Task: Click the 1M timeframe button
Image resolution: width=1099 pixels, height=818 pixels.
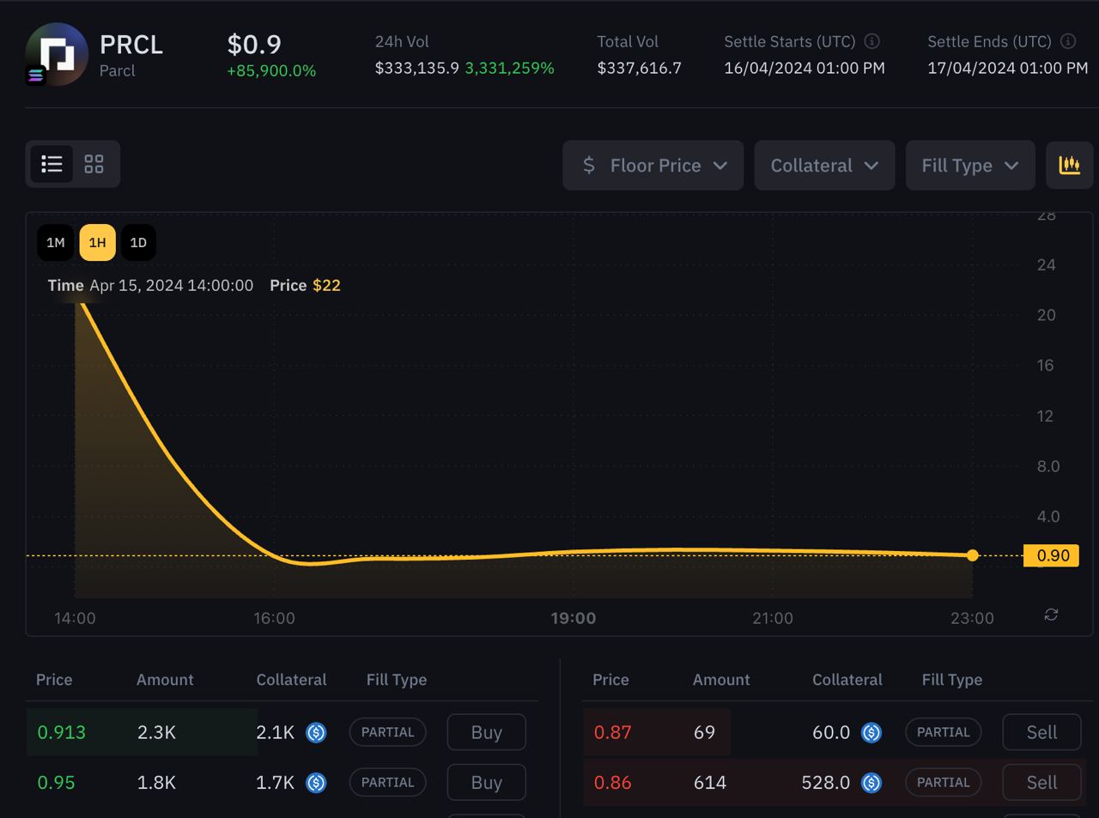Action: click(56, 243)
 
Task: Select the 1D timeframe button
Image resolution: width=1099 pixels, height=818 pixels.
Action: click(138, 243)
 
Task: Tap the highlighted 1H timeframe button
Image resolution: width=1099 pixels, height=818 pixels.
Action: click(98, 243)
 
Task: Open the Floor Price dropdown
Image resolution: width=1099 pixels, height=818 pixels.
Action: click(653, 165)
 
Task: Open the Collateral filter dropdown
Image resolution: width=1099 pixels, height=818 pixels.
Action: click(824, 165)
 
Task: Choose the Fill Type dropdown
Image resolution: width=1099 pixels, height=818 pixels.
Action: click(970, 165)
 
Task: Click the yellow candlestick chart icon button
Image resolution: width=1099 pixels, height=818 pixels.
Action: click(1069, 165)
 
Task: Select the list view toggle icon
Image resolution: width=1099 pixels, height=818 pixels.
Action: click(52, 164)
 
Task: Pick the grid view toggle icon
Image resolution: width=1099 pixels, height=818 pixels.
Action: click(94, 164)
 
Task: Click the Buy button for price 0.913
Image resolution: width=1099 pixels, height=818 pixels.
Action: click(487, 732)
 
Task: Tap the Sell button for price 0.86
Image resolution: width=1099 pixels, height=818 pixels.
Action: click(1041, 782)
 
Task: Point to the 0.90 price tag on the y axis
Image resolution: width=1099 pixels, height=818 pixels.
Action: click(1051, 555)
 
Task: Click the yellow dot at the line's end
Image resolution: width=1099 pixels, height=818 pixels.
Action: click(973, 555)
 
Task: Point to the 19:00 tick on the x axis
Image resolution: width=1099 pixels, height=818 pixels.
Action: click(574, 618)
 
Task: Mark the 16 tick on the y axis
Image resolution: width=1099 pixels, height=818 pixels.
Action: click(1045, 366)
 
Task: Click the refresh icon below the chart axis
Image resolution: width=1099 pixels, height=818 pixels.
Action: click(1051, 615)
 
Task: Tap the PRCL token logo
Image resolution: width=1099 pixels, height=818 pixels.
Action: click(57, 54)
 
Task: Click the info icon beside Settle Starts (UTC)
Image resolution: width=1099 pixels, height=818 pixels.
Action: click(872, 41)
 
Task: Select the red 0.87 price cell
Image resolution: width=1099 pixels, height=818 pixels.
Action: click(612, 732)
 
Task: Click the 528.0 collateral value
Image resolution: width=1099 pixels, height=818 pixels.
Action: click(825, 783)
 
